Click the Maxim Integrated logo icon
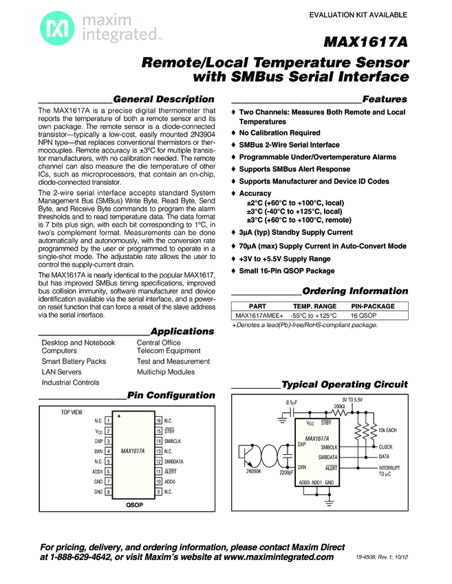pyautogui.click(x=53, y=27)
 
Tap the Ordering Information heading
pyautogui.click(x=355, y=291)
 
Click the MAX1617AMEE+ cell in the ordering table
pyautogui.click(x=254, y=315)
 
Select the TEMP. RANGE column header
pyautogui.click(x=314, y=306)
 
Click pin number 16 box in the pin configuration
pyautogui.click(x=159, y=420)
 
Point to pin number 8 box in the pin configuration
pyautogui.click(x=108, y=492)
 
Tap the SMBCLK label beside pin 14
pyautogui.click(x=173, y=441)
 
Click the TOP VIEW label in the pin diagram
pyautogui.click(x=72, y=412)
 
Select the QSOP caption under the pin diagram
pyautogui.click(x=134, y=505)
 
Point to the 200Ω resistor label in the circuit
pyautogui.click(x=339, y=407)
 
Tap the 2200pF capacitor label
pyautogui.click(x=287, y=473)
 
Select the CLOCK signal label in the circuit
pyautogui.click(x=385, y=447)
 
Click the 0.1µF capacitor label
pyautogui.click(x=292, y=403)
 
